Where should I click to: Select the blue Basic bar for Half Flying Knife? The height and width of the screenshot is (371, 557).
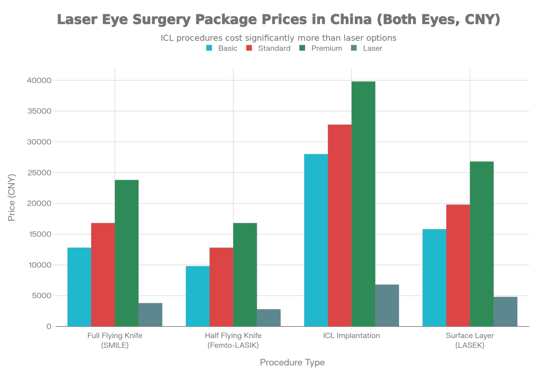197,296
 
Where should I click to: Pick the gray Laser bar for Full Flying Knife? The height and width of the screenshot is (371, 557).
150,314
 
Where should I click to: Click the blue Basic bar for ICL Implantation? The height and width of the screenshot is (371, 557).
316,240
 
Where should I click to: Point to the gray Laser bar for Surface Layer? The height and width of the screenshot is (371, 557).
505,311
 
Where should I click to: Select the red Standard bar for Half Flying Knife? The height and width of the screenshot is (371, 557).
221,287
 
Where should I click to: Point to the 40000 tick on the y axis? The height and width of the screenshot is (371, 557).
39,80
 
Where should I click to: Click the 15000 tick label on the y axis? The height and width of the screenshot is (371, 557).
39,234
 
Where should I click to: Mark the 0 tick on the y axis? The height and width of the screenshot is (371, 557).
48,326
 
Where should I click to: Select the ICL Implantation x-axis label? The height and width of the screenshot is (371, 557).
351,336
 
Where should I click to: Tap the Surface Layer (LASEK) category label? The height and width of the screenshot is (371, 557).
470,340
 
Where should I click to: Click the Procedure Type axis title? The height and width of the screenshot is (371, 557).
292,362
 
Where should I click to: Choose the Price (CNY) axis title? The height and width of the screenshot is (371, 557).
12,197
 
